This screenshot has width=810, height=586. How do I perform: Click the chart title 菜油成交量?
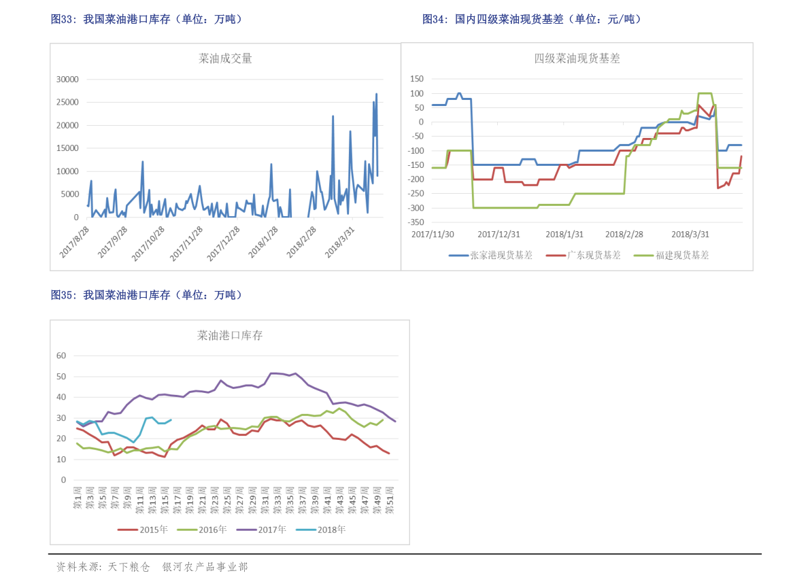pyautogui.click(x=225, y=58)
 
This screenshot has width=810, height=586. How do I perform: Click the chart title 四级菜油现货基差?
pyautogui.click(x=577, y=58)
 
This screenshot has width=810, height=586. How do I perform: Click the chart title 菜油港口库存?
pyautogui.click(x=230, y=335)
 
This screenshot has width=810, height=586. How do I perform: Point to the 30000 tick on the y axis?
pyautogui.click(x=67, y=80)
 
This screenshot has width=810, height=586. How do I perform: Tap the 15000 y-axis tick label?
pyautogui.click(x=67, y=148)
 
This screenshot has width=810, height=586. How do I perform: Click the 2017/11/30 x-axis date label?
pyautogui.click(x=433, y=234)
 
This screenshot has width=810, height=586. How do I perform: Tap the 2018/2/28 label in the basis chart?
pyautogui.click(x=624, y=234)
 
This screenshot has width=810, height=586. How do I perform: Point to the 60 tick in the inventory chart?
pyautogui.click(x=61, y=356)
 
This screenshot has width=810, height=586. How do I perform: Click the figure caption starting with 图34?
pyautogui.click(x=531, y=20)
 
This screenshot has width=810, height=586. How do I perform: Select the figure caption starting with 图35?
pyautogui.click(x=146, y=295)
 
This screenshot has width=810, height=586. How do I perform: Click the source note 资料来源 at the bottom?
pyautogui.click(x=151, y=566)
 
